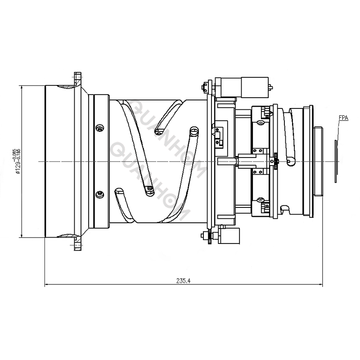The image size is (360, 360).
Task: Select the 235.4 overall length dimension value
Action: coord(184,280)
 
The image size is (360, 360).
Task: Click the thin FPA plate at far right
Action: coord(336,161)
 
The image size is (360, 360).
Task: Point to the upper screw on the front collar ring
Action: coord(99,129)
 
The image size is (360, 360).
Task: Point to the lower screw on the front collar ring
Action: coord(99,193)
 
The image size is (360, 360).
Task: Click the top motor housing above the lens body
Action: coord(243,85)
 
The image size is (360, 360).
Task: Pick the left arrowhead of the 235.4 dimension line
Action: coord(47,284)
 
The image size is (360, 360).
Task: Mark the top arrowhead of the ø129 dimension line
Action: coord(22,86)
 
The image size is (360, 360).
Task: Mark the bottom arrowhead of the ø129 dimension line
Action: coord(22,235)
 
